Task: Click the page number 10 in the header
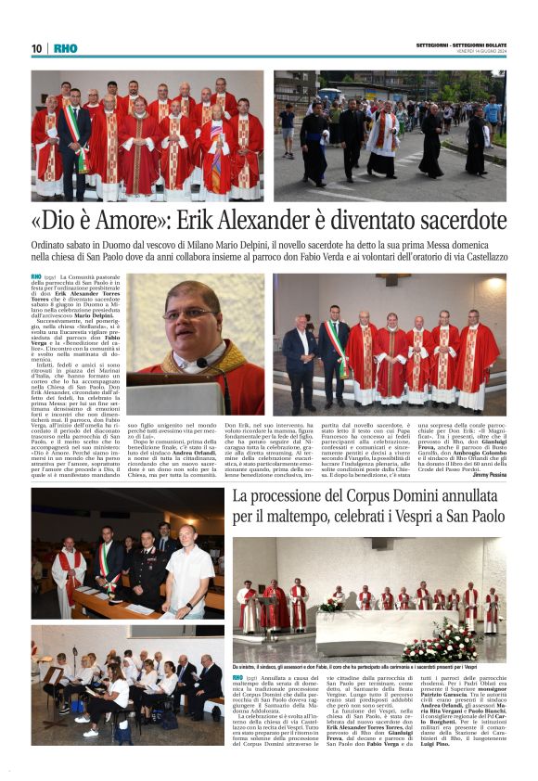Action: [x=36, y=48]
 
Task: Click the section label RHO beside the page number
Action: [x=66, y=48]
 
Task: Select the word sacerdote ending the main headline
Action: [x=453, y=224]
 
